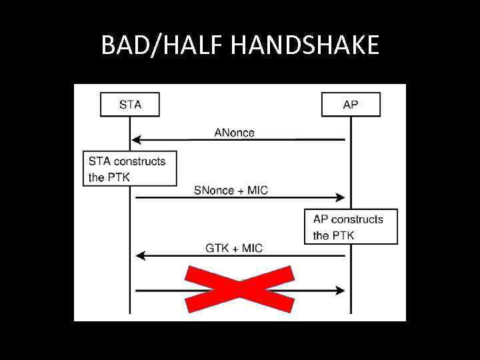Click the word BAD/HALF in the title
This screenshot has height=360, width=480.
tap(163, 45)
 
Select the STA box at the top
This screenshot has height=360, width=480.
tap(130, 105)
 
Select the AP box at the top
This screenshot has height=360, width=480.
tap(351, 105)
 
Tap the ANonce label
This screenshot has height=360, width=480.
tap(234, 133)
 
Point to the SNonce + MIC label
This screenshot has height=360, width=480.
tap(231, 191)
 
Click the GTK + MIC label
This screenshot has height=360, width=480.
tap(234, 249)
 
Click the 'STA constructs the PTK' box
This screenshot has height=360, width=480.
tap(130, 169)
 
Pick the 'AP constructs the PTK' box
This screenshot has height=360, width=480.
tap(351, 227)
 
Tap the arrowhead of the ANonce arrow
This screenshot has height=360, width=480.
tap(136, 140)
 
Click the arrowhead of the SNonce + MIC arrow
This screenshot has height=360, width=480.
tap(341, 197)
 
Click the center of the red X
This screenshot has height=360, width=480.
tap(239, 289)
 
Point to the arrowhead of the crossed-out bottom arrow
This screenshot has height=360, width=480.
tap(341, 291)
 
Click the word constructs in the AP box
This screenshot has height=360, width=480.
tap(357, 219)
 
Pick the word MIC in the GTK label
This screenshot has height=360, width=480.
tap(252, 249)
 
